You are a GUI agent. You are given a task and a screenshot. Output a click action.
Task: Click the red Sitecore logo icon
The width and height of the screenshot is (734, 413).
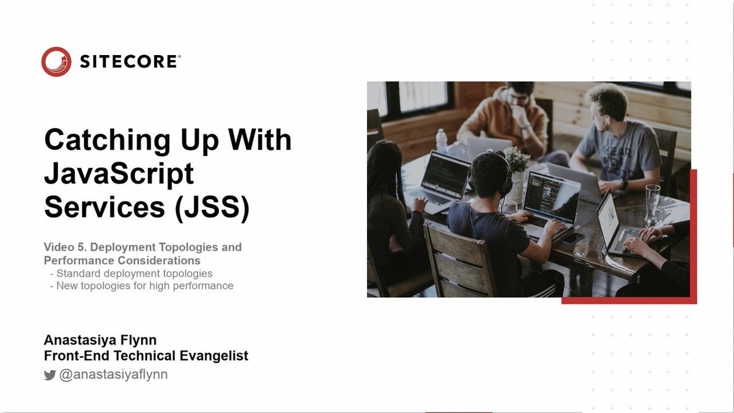56,62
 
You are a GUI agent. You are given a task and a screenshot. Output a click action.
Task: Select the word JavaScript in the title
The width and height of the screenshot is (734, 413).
119,175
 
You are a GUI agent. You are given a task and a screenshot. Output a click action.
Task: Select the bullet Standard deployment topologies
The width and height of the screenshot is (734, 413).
134,273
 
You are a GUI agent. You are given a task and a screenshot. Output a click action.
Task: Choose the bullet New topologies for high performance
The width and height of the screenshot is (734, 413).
144,286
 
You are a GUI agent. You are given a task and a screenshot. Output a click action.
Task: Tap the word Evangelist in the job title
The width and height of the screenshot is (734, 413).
212,355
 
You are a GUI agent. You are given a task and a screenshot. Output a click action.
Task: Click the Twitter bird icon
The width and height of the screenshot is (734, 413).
50,375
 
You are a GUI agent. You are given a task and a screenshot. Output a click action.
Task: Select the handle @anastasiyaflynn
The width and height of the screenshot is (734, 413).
113,374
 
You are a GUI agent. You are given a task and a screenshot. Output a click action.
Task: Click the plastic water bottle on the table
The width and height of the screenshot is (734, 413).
441,140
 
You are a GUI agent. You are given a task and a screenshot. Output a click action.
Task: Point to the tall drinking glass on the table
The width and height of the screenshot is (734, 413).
652,204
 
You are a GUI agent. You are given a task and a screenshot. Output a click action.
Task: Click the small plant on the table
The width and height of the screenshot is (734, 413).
516,160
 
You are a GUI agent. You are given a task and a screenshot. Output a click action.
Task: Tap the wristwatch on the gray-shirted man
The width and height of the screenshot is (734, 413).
623,184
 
